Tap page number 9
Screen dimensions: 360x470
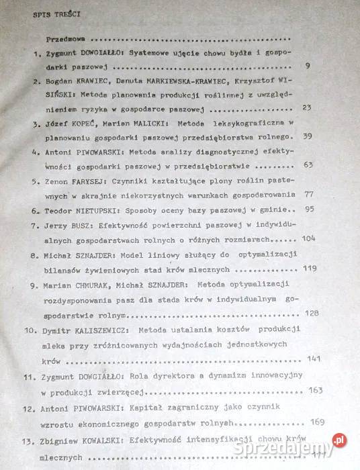coord(306,66)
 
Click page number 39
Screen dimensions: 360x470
coord(309,136)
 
